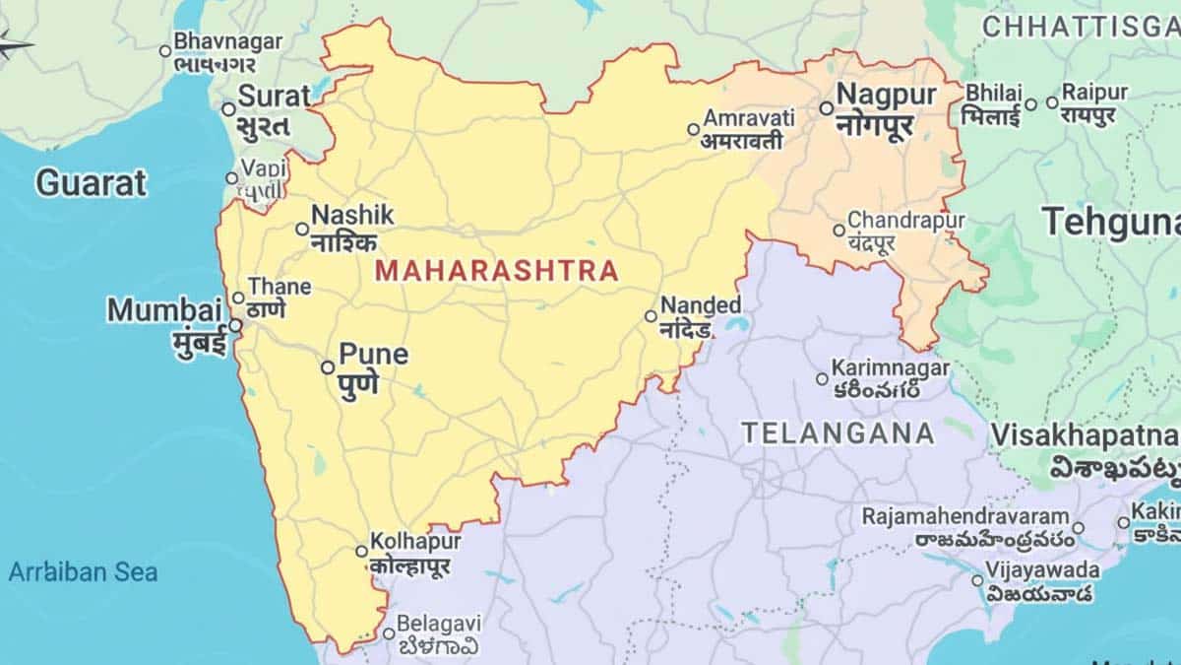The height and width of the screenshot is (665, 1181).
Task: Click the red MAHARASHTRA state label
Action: tap(497, 270)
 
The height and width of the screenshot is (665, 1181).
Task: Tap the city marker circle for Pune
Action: tap(328, 367)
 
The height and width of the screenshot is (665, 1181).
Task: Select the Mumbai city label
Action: tap(165, 310)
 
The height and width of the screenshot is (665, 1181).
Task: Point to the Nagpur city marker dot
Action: tap(826, 108)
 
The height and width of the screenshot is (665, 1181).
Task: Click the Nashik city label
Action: tap(352, 215)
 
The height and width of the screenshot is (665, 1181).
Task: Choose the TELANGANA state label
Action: tap(838, 432)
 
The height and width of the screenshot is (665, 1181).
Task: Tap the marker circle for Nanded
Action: tap(651, 316)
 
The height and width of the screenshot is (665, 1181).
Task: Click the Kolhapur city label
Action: tap(414, 542)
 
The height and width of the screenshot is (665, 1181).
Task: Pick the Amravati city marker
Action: tap(693, 129)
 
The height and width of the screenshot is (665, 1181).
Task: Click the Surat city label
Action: tap(275, 97)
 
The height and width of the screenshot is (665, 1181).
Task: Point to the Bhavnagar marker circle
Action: tap(165, 50)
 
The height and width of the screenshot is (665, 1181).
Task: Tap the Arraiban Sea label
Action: tap(83, 571)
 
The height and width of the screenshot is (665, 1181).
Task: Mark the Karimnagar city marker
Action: tap(822, 378)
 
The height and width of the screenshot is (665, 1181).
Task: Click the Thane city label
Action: tap(279, 287)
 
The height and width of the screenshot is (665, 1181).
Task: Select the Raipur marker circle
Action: tap(1052, 102)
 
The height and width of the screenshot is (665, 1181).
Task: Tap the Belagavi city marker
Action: tap(389, 633)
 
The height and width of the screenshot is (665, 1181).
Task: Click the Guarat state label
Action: tap(92, 182)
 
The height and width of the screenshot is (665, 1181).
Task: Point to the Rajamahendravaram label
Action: tap(964, 516)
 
